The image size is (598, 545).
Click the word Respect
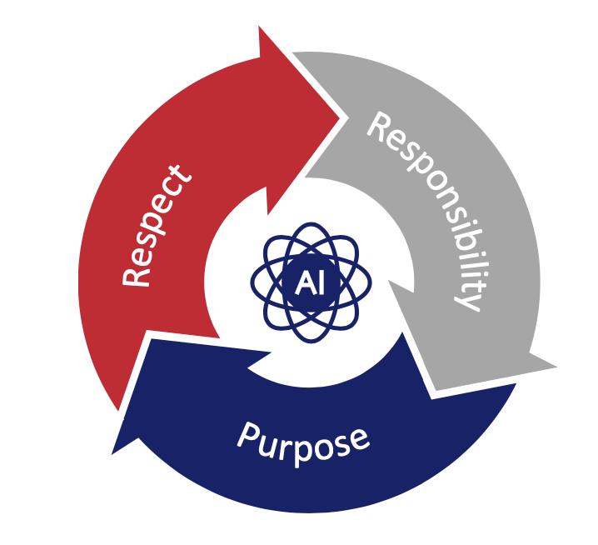point(157,225)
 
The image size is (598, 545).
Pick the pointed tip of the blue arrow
point(113,452)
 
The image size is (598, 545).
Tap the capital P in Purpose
point(249,436)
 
